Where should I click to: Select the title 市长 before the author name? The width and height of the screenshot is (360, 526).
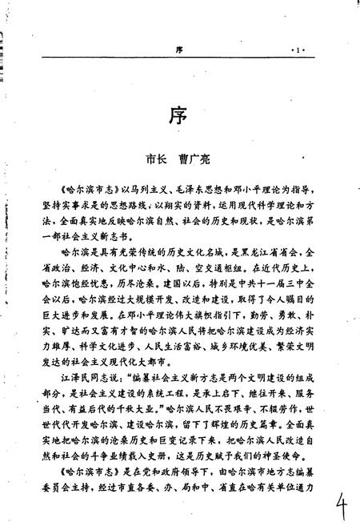click(150, 159)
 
